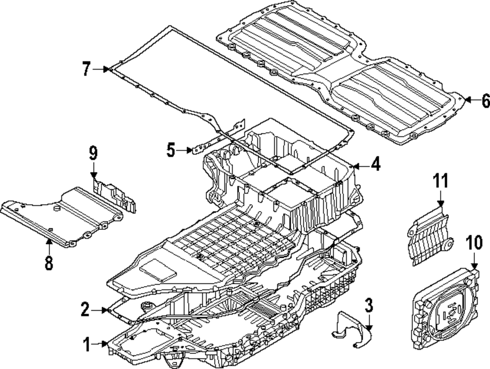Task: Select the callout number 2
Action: [x=86, y=309]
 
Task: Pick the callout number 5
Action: [x=171, y=150]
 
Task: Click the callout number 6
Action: [x=485, y=100]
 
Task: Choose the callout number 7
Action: [x=86, y=70]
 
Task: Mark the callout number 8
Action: [x=49, y=263]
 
